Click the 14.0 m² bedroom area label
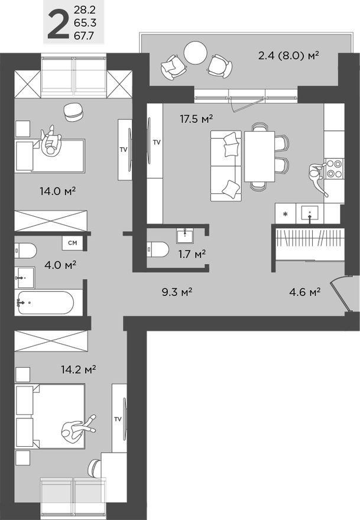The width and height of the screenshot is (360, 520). tap(51, 191)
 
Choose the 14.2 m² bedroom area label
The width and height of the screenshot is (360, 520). tap(78, 369)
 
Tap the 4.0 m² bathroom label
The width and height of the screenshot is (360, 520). tap(61, 265)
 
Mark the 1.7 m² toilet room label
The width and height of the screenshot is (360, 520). tap(192, 254)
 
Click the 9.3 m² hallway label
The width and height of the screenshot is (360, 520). tap(178, 291)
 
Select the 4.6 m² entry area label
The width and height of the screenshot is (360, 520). tap(304, 291)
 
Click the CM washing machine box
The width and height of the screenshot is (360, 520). tap(72, 242)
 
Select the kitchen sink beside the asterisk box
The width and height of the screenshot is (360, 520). tap(310, 212)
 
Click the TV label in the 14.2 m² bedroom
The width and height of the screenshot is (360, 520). tap(118, 419)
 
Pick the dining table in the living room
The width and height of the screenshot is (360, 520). tap(259, 157)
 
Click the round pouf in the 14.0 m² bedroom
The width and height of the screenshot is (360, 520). tap(72, 112)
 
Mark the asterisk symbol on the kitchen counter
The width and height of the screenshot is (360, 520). tap(285, 213)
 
